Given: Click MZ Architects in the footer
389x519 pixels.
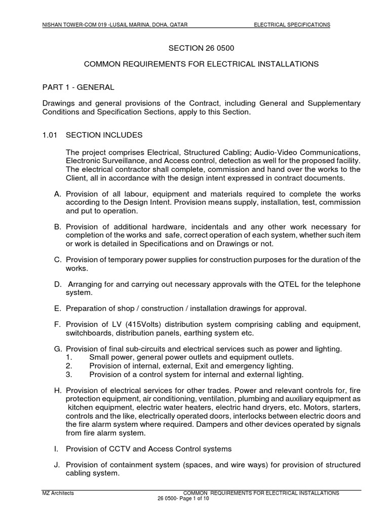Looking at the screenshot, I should [58, 493].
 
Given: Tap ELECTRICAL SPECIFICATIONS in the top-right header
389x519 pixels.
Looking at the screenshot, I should [292, 24].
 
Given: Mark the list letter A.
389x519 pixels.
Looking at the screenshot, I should [57, 194].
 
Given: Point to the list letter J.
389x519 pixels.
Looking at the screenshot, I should [57, 465].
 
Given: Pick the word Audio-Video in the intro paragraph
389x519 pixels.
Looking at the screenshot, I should [275, 153].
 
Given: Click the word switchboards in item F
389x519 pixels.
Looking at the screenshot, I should [88, 332].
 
